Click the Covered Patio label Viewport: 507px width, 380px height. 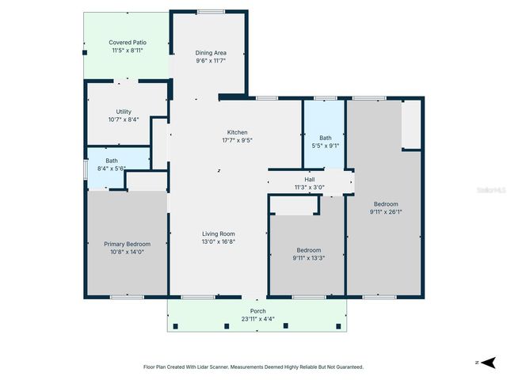[128, 42]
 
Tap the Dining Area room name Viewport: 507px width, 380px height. [211, 53]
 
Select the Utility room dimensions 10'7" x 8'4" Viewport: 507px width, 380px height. [124, 120]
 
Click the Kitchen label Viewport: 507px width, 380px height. [238, 132]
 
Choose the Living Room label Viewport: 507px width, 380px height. [219, 234]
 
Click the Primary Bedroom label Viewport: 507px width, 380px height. [127, 245]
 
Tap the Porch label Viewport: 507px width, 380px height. [257, 311]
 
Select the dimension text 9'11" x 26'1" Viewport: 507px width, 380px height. [386, 211]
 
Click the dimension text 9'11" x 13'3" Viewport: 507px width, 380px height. [309, 257]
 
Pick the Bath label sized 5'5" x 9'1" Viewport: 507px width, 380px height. [325, 138]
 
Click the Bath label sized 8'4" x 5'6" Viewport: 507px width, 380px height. [112, 161]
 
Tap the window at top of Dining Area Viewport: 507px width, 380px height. [210, 11]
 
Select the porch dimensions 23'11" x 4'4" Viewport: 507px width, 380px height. [257, 319]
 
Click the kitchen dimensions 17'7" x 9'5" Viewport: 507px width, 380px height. [238, 140]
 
